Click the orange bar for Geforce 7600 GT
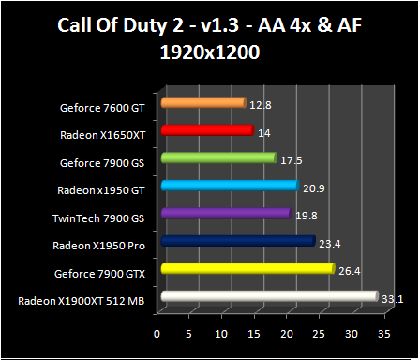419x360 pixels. [202, 102]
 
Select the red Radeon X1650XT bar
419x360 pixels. [207, 130]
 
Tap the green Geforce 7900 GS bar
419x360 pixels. [218, 157]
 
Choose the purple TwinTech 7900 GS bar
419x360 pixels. [225, 214]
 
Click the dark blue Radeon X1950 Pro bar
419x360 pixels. [237, 241]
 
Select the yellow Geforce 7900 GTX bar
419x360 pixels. [247, 269]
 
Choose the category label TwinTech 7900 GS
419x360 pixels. [103, 217]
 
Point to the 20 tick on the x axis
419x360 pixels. [286, 333]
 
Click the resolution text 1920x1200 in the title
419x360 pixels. [209, 54]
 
